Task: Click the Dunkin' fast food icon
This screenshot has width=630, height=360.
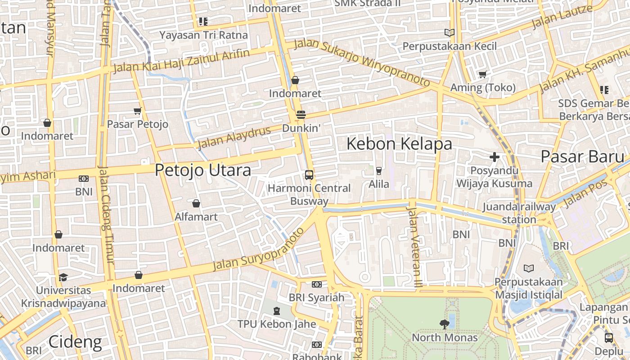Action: pyautogui.click(x=301, y=115)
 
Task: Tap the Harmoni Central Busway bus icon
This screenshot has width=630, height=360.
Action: pyautogui.click(x=309, y=175)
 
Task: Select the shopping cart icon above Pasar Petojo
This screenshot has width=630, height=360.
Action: pyautogui.click(x=138, y=111)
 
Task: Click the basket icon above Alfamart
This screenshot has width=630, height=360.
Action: pyautogui.click(x=196, y=203)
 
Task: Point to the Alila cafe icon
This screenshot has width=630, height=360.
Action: pyautogui.click(x=379, y=171)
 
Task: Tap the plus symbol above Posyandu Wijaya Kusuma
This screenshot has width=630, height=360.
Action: pyautogui.click(x=495, y=157)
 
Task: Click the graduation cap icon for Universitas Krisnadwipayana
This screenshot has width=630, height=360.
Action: pyautogui.click(x=63, y=277)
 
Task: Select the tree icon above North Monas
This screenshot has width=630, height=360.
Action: pyautogui.click(x=445, y=324)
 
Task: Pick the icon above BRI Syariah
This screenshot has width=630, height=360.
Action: pyautogui.click(x=317, y=284)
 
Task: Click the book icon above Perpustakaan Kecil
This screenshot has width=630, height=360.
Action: pyautogui.click(x=449, y=32)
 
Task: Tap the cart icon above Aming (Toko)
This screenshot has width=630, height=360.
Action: pyautogui.click(x=483, y=74)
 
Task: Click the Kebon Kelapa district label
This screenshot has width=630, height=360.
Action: pyautogui.click(x=399, y=144)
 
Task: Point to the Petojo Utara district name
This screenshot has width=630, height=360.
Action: pyautogui.click(x=203, y=171)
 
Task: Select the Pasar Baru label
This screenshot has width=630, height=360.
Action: pyautogui.click(x=583, y=157)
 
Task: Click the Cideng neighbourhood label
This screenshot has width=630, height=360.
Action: pyautogui.click(x=75, y=342)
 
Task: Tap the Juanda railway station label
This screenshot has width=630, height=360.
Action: pyautogui.click(x=519, y=213)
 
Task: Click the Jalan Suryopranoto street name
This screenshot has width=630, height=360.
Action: pyautogui.click(x=258, y=250)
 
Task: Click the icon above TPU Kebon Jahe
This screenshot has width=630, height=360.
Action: pyautogui.click(x=277, y=310)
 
